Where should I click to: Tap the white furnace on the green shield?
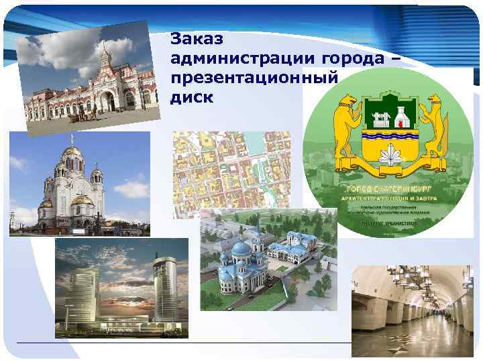(x=402, y=118)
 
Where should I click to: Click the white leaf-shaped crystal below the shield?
(x=392, y=159)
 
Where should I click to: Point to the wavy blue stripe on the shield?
(x=392, y=143)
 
